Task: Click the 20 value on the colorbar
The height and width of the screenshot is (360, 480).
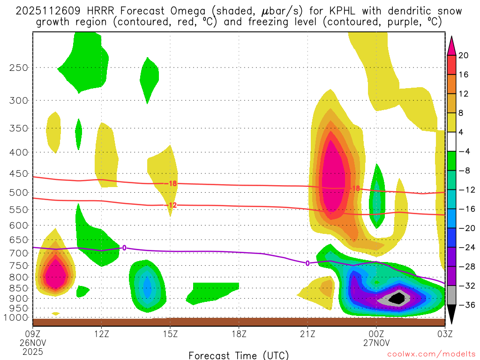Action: click(x=464, y=55)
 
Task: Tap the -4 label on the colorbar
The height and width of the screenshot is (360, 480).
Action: click(x=464, y=151)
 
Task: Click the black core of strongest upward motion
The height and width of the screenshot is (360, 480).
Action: click(x=398, y=298)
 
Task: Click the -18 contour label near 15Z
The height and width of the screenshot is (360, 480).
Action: click(x=172, y=183)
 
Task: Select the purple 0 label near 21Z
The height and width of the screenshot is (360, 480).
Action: click(x=307, y=263)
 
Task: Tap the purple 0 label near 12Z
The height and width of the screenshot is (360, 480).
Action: click(x=124, y=247)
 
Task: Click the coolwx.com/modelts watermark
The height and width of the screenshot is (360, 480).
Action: click(x=431, y=355)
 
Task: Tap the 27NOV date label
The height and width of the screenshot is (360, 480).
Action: click(x=376, y=342)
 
